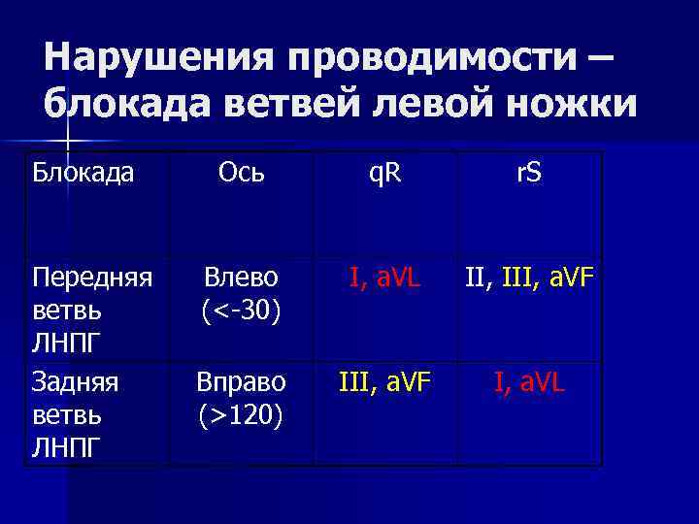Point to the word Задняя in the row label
(75, 381)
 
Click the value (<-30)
(241, 311)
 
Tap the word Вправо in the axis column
(240, 381)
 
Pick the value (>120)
(241, 415)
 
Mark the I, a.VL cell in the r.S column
(530, 381)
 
